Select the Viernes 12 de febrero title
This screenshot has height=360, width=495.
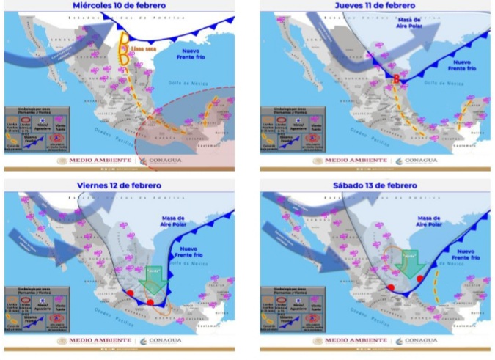click(x=118, y=185)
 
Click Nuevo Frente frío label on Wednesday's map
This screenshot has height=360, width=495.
click(x=196, y=52)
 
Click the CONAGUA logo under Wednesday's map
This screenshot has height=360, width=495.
click(x=155, y=161)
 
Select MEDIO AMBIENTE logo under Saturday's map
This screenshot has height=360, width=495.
click(x=351, y=340)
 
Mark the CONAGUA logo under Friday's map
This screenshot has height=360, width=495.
click(x=155, y=340)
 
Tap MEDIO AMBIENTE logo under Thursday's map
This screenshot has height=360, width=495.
click(x=351, y=161)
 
